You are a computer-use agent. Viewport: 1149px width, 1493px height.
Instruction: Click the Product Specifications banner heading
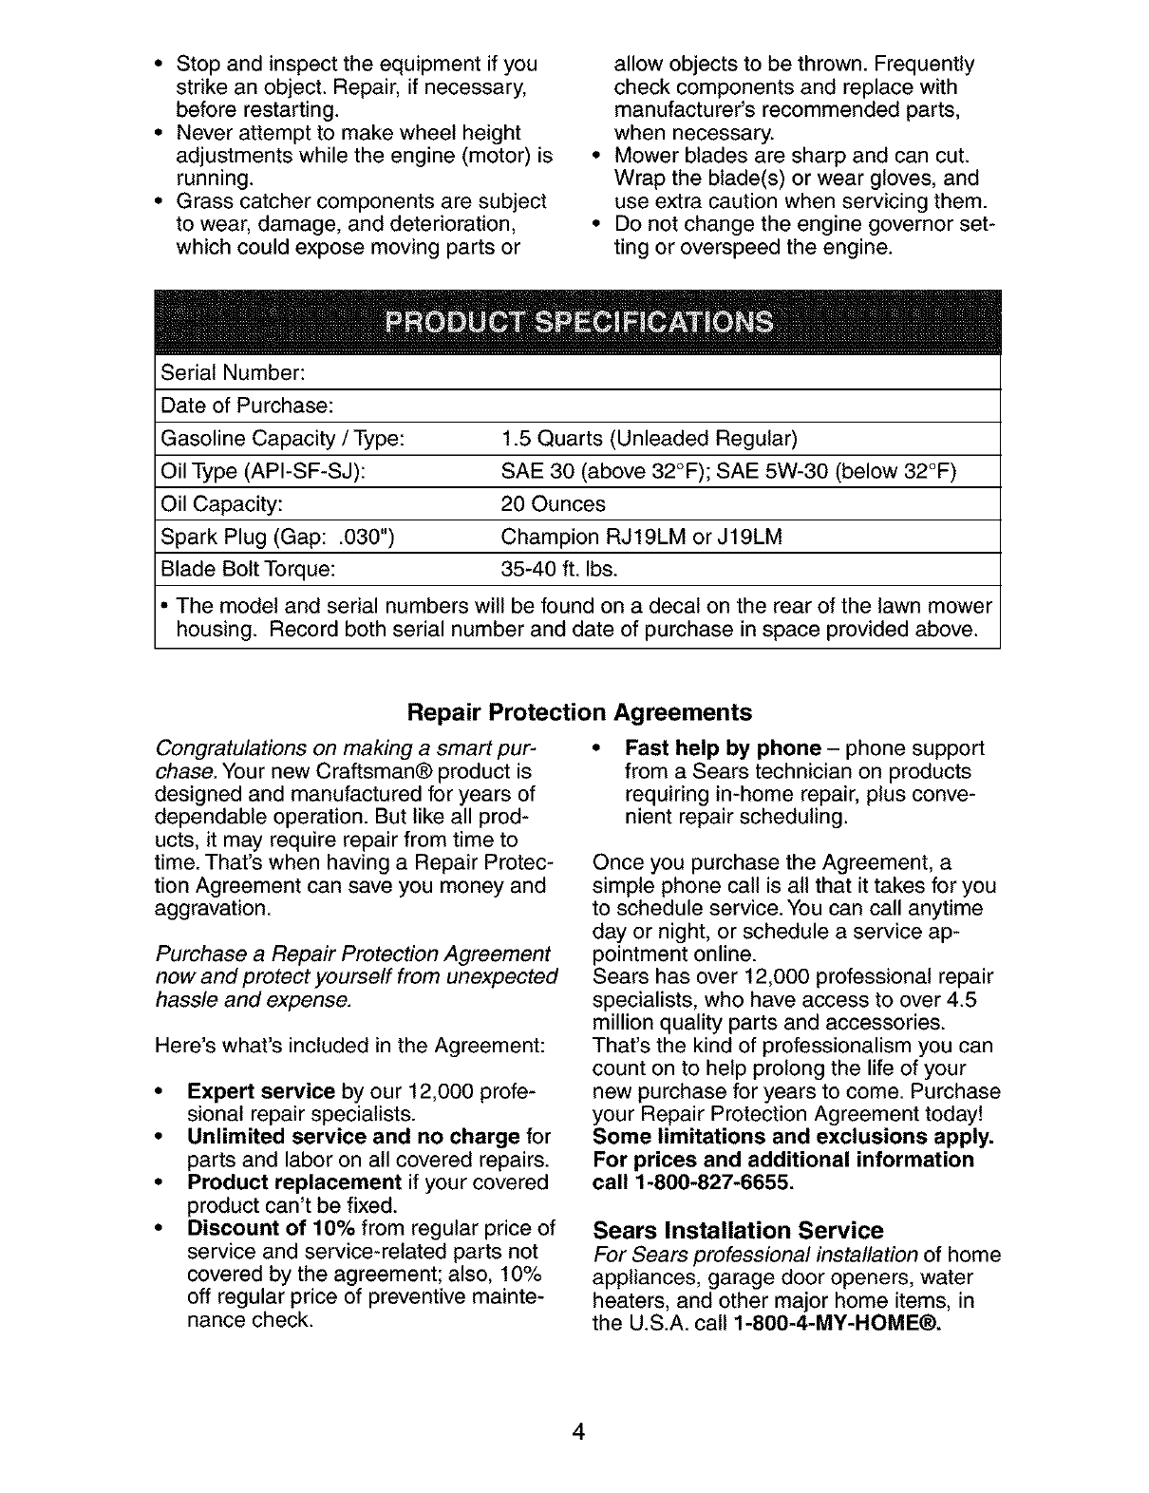click(x=578, y=323)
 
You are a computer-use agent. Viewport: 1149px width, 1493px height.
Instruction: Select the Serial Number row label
click(x=232, y=373)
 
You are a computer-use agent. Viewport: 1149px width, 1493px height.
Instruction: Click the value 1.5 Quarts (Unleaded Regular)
click(x=650, y=439)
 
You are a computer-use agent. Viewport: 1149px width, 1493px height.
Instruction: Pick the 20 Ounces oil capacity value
click(x=553, y=503)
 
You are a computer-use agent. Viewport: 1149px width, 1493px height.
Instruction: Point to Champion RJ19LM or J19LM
click(x=641, y=537)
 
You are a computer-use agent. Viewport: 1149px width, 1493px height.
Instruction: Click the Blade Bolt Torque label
click(x=248, y=570)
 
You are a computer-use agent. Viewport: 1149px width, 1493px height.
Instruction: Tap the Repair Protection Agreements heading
click(x=578, y=712)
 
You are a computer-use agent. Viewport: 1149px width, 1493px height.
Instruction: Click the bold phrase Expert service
click(x=261, y=1091)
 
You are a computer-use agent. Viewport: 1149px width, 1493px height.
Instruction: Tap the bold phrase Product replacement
click(x=294, y=1182)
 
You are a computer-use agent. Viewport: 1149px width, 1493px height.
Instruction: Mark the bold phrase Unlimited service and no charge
click(x=353, y=1137)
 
